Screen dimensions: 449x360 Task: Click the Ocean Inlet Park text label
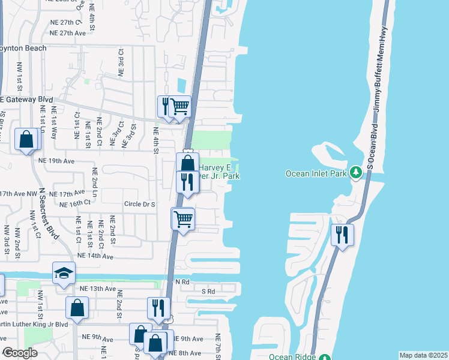pyautogui.click(x=318, y=173)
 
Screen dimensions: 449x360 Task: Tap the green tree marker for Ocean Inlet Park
pyautogui.click(x=355, y=173)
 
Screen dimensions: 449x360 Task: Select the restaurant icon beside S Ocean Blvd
pyautogui.click(x=342, y=234)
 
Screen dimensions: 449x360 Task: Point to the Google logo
pyautogui.click(x=20, y=353)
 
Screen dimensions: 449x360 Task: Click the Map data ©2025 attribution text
pyautogui.click(x=423, y=355)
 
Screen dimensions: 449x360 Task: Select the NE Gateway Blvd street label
pyautogui.click(x=26, y=100)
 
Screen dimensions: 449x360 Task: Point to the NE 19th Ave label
pyautogui.click(x=56, y=161)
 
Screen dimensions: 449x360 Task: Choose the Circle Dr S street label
pyautogui.click(x=139, y=205)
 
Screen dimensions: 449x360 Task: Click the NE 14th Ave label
pyautogui.click(x=94, y=256)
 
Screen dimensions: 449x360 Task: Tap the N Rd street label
pyautogui.click(x=182, y=281)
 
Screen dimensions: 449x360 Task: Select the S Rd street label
pyautogui.click(x=208, y=291)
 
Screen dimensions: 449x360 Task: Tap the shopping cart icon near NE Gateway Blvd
pyautogui.click(x=179, y=107)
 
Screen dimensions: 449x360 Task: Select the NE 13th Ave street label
pyautogui.click(x=97, y=289)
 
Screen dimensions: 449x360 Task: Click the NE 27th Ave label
pyautogui.click(x=68, y=33)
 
